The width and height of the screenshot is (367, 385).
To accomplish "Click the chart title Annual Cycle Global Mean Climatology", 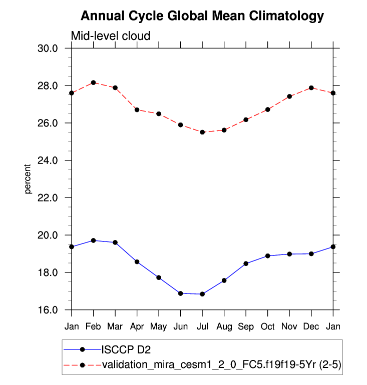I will pyautogui.click(x=202, y=16).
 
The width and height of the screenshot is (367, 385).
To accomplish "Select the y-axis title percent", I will pyautogui.click(x=28, y=179).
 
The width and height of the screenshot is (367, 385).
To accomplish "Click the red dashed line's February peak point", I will pyautogui.click(x=94, y=82).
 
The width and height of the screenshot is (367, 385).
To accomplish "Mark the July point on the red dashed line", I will pyautogui.click(x=202, y=132).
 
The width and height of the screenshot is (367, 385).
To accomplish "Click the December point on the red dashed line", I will pyautogui.click(x=311, y=87).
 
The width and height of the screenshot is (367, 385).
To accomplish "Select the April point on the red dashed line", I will pyautogui.click(x=137, y=109).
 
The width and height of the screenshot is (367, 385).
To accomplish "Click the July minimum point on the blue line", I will pyautogui.click(x=202, y=294).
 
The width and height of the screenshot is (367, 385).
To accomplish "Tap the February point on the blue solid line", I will pyautogui.click(x=94, y=240).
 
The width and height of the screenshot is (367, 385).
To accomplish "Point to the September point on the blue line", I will pyautogui.click(x=246, y=263).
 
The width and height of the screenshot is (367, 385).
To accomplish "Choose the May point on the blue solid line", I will pyautogui.click(x=159, y=277).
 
